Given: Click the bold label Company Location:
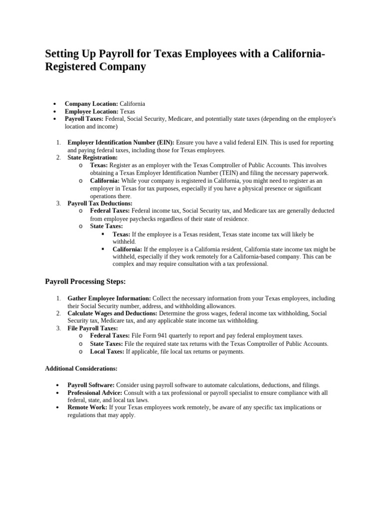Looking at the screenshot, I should point(91,104).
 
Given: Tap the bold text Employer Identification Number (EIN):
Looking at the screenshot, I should point(121,143).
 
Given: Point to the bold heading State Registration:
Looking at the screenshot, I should point(92,158).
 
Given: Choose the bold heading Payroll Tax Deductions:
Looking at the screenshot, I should point(100,203).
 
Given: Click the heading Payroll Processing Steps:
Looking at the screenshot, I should point(85,282).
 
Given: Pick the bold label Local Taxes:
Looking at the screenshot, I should point(107,351).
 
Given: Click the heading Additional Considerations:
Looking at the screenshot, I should point(81,369).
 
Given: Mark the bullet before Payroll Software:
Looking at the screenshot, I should point(58,386).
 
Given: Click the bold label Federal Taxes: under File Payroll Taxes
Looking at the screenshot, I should point(110,336).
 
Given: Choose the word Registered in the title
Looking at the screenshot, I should point(78,67).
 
